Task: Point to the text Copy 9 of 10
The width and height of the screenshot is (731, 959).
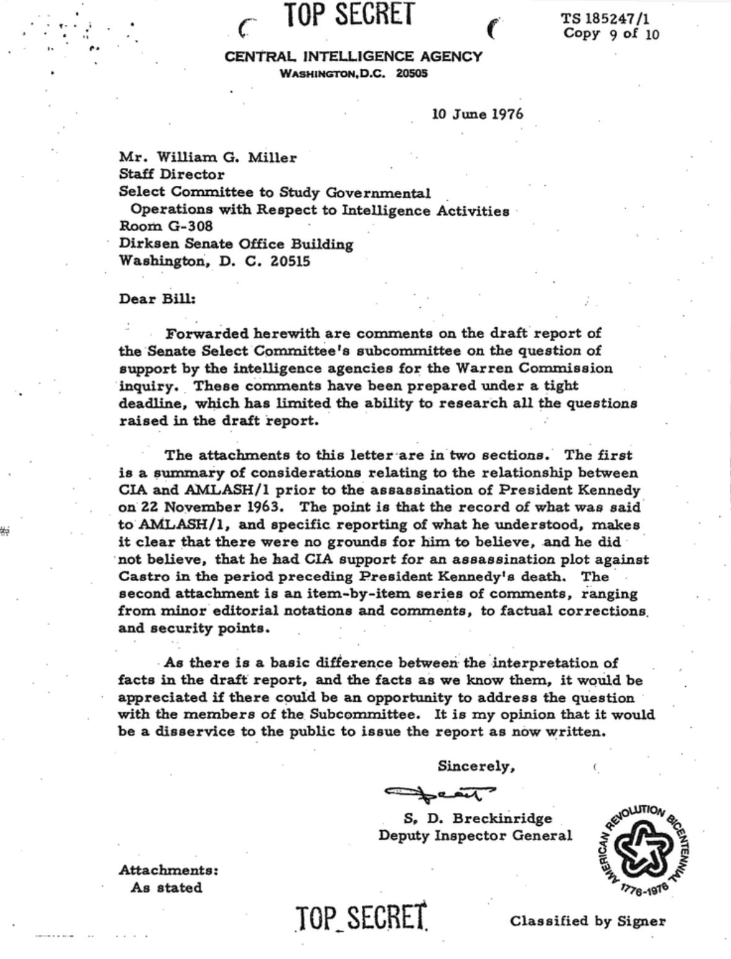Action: pyautogui.click(x=611, y=34)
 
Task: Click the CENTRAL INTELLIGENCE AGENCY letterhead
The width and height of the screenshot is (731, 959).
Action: pyautogui.click(x=353, y=57)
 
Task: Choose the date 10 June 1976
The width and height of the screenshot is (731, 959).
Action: pyautogui.click(x=477, y=114)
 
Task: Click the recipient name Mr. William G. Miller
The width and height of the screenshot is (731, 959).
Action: pyautogui.click(x=208, y=157)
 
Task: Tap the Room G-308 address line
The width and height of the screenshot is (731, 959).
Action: pyautogui.click(x=165, y=226)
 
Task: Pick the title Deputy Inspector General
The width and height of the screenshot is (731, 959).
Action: pyautogui.click(x=475, y=836)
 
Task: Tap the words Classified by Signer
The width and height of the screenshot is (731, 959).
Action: pyautogui.click(x=588, y=921)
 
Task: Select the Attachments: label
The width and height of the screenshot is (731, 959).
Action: pyautogui.click(x=168, y=870)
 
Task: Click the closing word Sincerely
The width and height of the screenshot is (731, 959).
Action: pyautogui.click(x=476, y=766)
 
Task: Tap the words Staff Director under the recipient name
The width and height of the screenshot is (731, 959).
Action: pyautogui.click(x=172, y=175)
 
